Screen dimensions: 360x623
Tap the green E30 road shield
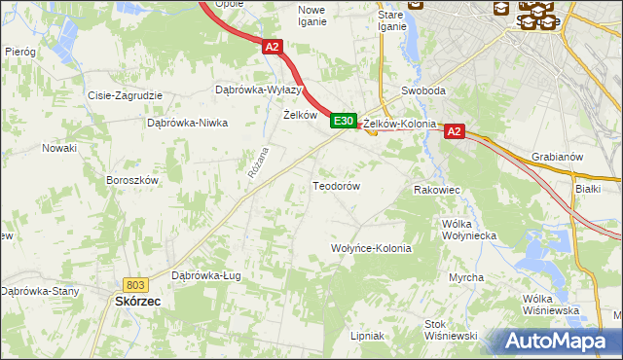pos(342,121)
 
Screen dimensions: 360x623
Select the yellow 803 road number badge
pos(135,284)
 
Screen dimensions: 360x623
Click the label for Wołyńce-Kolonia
pos(372,248)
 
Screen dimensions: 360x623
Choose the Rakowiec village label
pos(436,190)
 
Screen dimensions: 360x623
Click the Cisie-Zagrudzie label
pos(125,96)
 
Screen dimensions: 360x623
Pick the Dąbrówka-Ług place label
pos(205,275)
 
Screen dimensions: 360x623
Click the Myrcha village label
pos(466,277)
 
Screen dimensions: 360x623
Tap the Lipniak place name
pos(367,336)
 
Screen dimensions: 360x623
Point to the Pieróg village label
pos(19,51)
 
